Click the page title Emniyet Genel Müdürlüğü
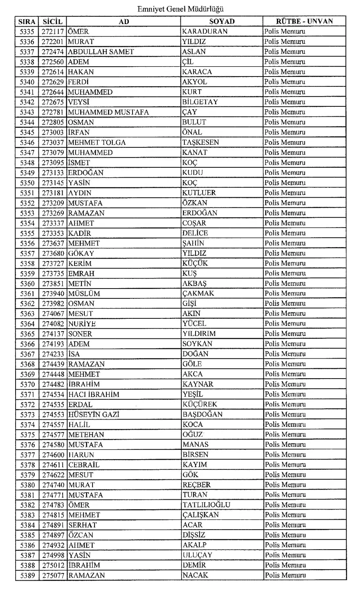point(180,9)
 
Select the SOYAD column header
point(222,21)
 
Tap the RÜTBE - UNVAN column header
point(304,21)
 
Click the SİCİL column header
point(53,21)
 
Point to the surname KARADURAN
point(205,32)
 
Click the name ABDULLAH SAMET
point(101,52)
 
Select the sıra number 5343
point(27,112)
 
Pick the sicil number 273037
point(53,142)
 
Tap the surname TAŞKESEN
point(200,142)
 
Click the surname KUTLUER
point(199,193)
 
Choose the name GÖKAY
point(81,253)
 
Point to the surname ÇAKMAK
point(198,293)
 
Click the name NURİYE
point(82,324)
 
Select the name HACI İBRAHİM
point(94,394)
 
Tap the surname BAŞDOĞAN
point(202,414)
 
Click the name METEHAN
point(86,434)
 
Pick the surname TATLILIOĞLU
point(206,505)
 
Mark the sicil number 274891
point(53,525)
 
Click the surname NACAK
point(195,575)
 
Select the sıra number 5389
point(27,575)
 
